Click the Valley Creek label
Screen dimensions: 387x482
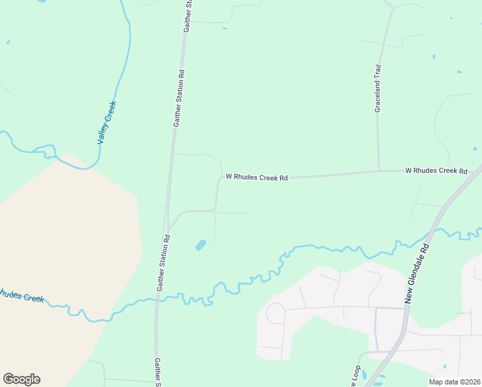106,123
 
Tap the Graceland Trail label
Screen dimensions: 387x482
378,88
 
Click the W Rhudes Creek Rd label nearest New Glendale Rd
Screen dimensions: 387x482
436,171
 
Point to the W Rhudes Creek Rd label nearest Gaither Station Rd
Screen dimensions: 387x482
256,177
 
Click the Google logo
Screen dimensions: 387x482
21,379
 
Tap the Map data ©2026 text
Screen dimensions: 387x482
454,382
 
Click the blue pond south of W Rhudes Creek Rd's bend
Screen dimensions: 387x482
200,245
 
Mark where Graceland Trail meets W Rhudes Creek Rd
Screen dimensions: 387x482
378,171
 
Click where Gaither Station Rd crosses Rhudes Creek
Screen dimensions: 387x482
157,299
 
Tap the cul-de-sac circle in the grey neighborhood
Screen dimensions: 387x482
275,313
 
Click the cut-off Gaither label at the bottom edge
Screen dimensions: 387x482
157,372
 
